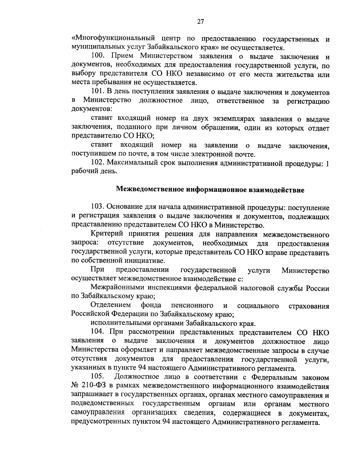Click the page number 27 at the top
[201, 21]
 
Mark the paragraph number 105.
[97, 377]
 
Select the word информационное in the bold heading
[217, 190]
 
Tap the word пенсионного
[192, 306]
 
